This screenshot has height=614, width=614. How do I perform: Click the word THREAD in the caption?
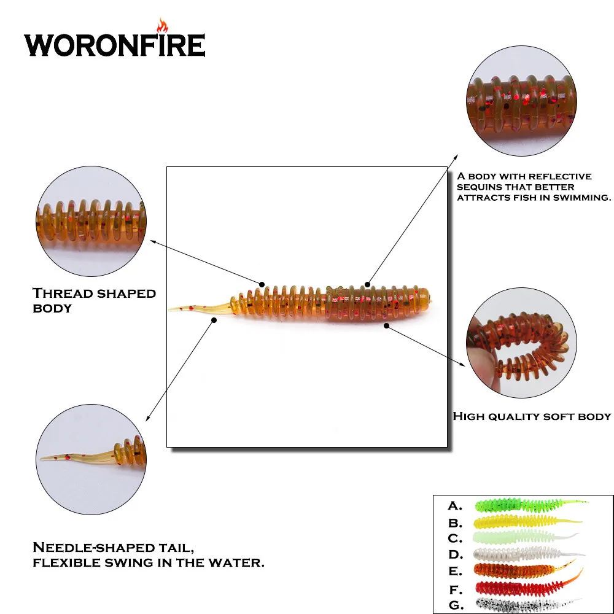[62, 293]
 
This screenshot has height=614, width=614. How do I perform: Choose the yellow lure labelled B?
[527, 521]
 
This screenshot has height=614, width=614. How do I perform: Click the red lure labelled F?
[529, 585]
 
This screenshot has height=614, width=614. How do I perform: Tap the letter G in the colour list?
[456, 605]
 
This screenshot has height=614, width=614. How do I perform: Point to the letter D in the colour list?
[456, 554]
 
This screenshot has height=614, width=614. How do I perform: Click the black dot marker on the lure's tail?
[214, 321]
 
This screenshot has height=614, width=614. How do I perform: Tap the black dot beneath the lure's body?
[386, 326]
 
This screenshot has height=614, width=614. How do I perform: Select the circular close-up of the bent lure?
[521, 343]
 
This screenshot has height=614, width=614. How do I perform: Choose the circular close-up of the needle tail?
[91, 459]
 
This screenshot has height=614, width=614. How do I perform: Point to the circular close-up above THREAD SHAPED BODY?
[91, 221]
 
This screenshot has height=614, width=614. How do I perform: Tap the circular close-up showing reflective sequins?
[521, 101]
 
